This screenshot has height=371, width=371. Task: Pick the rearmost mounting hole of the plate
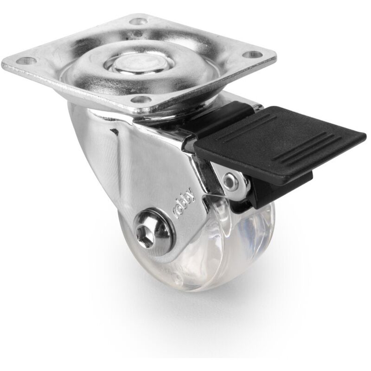click(x=138, y=21)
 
